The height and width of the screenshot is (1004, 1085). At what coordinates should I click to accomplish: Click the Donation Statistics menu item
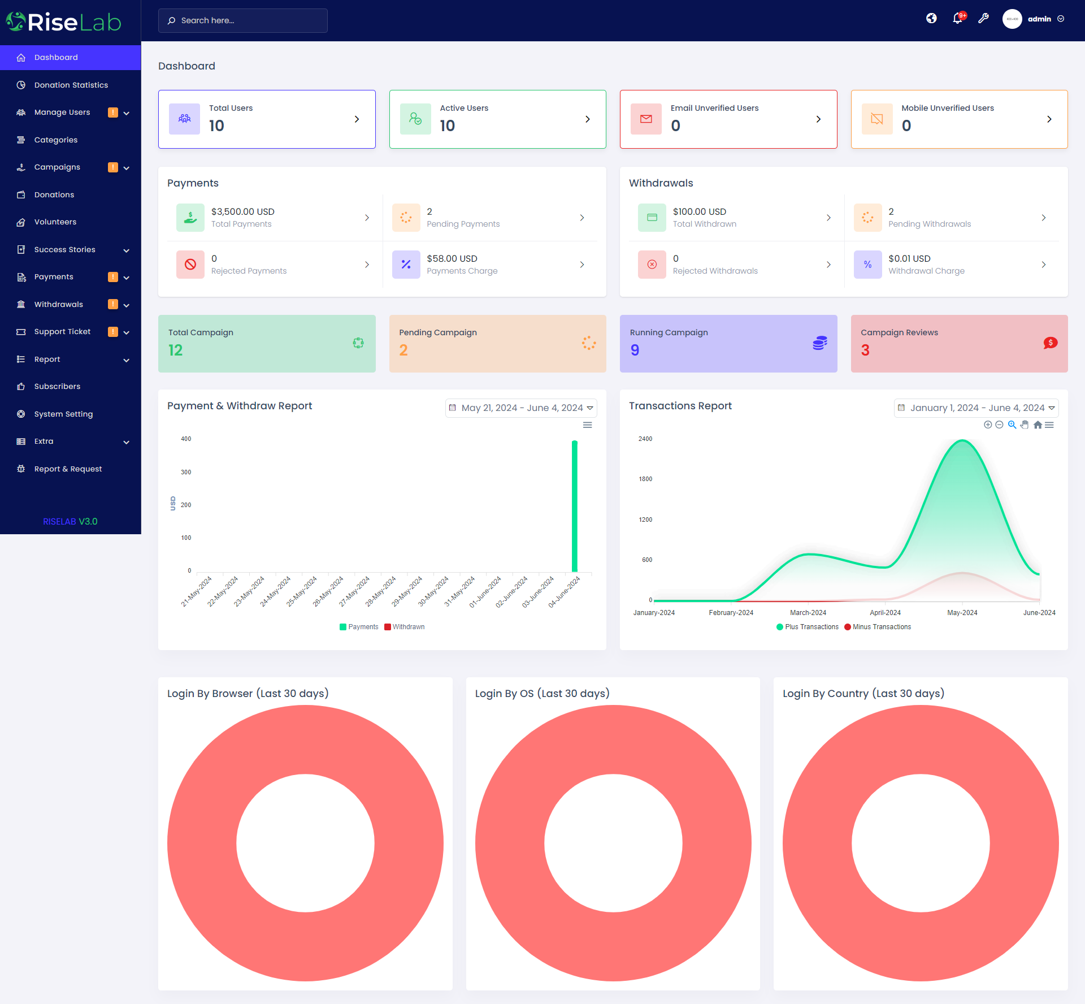tap(71, 85)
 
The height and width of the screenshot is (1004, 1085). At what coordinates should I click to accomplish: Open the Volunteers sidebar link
tap(55, 222)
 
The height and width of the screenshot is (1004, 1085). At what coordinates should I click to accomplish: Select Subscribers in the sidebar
tap(57, 386)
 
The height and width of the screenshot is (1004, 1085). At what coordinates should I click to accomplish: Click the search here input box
tap(243, 20)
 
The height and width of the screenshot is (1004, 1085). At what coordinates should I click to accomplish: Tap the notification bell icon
tap(957, 19)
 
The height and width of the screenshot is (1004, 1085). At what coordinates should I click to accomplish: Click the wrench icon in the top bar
tap(984, 19)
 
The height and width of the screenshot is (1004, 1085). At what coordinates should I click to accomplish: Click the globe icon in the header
tap(931, 19)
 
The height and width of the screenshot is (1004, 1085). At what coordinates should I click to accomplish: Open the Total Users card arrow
tap(357, 119)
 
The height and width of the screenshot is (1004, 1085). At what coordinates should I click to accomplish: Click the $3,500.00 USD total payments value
tap(242, 211)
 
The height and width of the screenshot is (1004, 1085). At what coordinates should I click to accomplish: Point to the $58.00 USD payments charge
tap(452, 258)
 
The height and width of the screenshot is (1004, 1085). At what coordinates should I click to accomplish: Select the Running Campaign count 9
tap(635, 350)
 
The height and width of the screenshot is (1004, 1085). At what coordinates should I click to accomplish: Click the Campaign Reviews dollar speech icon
tap(1050, 343)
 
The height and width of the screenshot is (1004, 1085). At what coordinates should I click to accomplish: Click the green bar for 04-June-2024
tap(575, 506)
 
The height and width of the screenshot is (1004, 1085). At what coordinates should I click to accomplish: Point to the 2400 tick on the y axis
tap(645, 439)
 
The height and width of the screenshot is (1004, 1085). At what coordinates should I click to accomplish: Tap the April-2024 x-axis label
tap(885, 613)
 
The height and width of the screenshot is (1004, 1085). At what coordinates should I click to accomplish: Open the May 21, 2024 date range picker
tap(520, 408)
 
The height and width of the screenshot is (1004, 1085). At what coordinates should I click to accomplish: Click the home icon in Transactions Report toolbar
tap(1038, 425)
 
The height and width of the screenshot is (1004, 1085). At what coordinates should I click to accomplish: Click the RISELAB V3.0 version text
tap(70, 521)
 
